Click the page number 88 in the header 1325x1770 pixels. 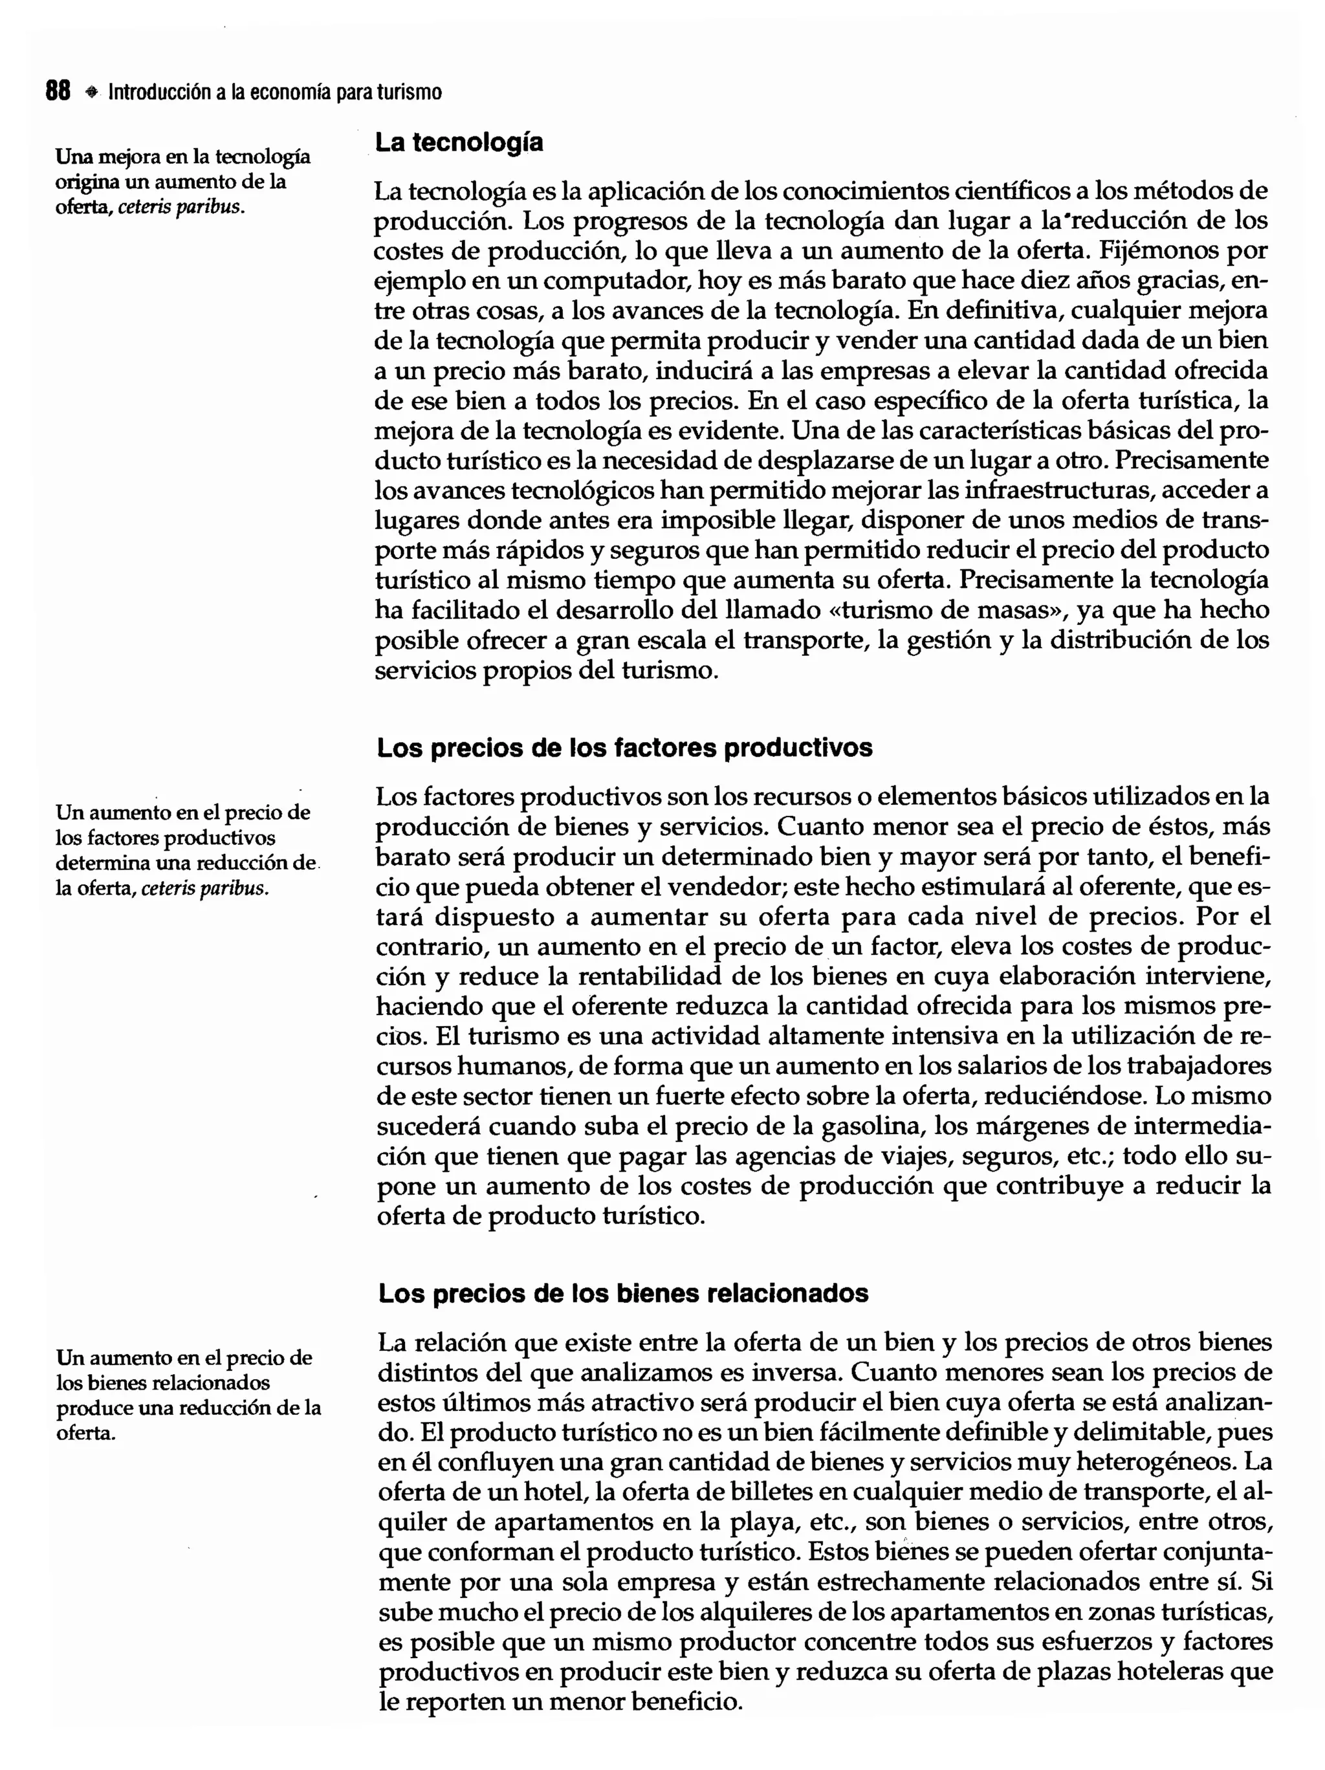click(58, 91)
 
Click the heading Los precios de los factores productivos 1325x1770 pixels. click(624, 747)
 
